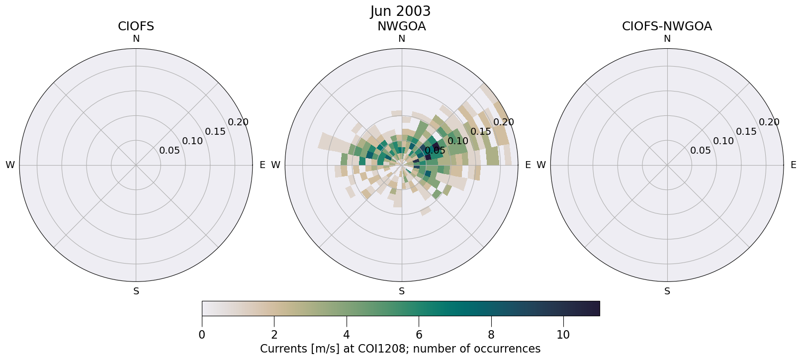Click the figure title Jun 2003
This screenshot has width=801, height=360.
click(x=400, y=11)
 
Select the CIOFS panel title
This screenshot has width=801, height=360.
click(x=136, y=26)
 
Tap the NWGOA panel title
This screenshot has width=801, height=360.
click(x=401, y=26)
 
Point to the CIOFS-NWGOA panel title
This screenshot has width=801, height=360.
click(x=667, y=26)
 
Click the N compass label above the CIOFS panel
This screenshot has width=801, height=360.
click(x=136, y=39)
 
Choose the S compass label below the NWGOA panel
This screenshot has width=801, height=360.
click(x=402, y=291)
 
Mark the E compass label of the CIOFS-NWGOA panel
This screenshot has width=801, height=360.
click(x=794, y=165)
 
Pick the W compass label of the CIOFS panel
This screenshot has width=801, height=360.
click(x=10, y=165)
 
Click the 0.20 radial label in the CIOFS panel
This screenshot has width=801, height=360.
click(x=238, y=122)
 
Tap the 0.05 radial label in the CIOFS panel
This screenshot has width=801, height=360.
click(x=170, y=151)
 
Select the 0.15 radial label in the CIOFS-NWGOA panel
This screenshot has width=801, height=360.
click(x=746, y=132)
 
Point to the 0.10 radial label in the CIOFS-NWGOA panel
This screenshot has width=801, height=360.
click(x=723, y=141)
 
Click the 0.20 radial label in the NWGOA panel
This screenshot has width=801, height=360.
click(x=504, y=122)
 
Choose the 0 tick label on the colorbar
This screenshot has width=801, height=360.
click(x=202, y=335)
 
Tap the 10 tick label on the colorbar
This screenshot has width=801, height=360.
click(x=563, y=335)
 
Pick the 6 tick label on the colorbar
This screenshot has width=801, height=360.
click(x=419, y=335)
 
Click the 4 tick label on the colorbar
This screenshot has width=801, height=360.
click(x=347, y=335)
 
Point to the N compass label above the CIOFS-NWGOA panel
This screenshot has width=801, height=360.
click(x=667, y=39)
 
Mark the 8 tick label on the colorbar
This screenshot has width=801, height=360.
click(x=491, y=335)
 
